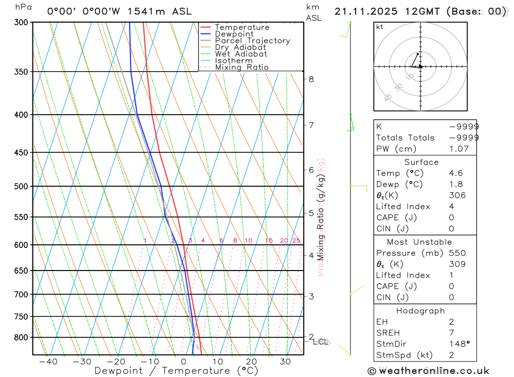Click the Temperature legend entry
click(x=242, y=27)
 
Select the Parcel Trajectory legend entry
click(x=252, y=41)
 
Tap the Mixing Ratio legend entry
click(x=242, y=67)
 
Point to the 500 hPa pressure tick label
click(x=22, y=186)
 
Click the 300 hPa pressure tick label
click(x=22, y=22)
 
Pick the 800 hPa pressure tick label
click(x=22, y=337)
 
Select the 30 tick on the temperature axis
click(x=285, y=362)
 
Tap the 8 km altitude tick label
click(x=311, y=79)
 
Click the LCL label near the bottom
click(x=320, y=342)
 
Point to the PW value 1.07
click(x=458, y=149)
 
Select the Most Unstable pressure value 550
click(x=457, y=253)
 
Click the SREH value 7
click(x=451, y=333)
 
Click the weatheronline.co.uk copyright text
click(x=429, y=371)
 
